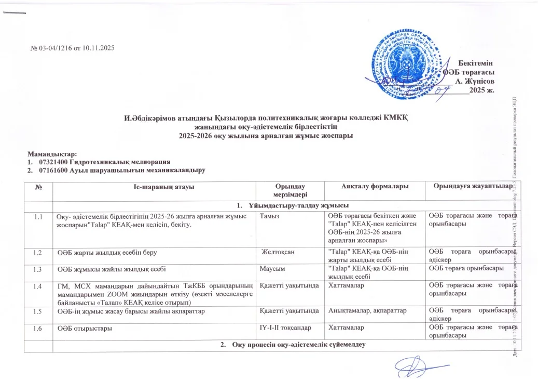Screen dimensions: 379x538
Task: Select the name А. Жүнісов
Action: (x=474, y=81)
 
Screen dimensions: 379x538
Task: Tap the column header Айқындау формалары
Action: (x=373, y=187)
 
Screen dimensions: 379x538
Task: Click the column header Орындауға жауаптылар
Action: (x=470, y=187)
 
